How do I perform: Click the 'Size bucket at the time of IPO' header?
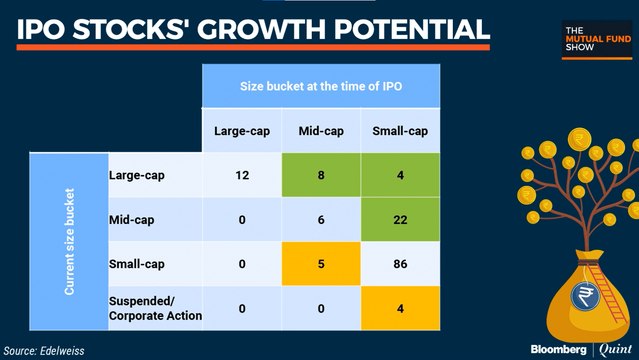[322, 86]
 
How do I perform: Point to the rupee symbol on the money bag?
[583, 297]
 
